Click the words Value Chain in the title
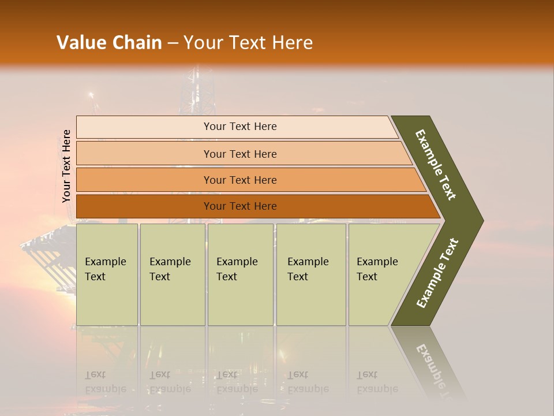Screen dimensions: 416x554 (109, 43)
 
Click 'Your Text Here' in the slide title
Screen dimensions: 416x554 (248, 43)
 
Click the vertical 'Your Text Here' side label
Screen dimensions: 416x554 (67, 166)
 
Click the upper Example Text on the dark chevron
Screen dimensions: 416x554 (436, 165)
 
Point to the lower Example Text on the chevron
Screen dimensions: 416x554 (437, 273)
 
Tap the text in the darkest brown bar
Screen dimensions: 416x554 (240, 206)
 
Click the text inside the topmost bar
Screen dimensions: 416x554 (240, 127)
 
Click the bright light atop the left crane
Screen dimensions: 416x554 (90, 95)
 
